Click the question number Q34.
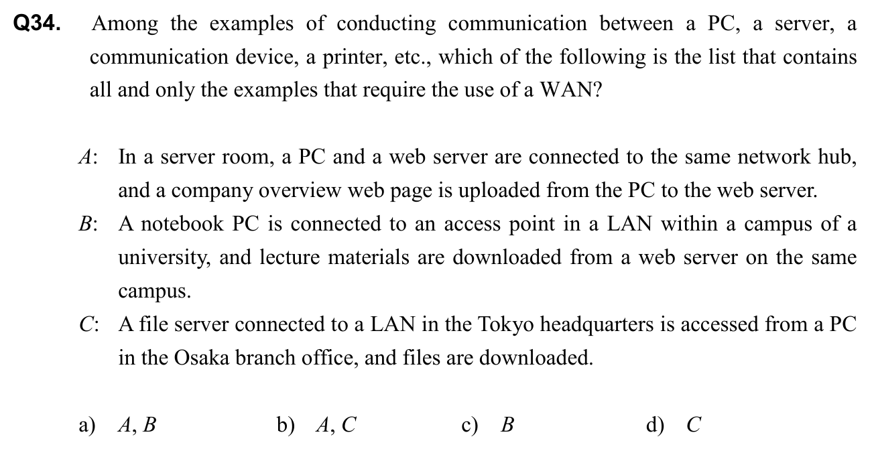point(38,25)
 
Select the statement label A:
point(87,158)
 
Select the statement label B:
point(87,224)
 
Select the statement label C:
point(87,325)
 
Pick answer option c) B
point(490,425)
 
